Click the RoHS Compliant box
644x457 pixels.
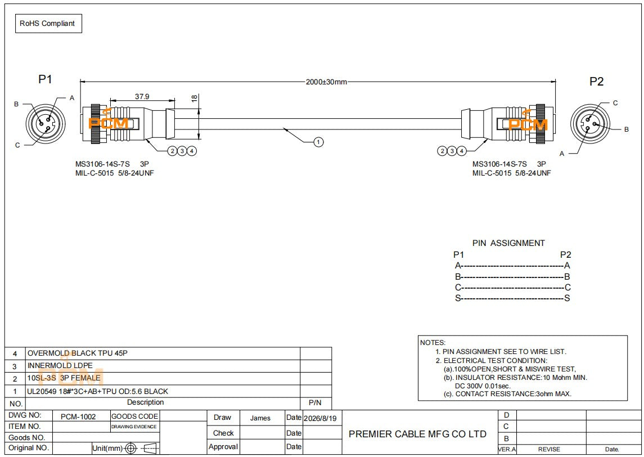coord(48,24)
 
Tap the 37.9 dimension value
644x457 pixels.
coord(142,97)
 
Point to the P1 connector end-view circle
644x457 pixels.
coord(46,123)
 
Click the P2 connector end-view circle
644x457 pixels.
coord(590,124)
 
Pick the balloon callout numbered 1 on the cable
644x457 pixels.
coord(318,142)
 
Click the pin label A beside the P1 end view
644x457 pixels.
coord(72,98)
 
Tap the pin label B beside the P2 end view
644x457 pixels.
coord(627,129)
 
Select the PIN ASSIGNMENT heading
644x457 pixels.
coord(508,243)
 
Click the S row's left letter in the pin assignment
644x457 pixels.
coord(457,298)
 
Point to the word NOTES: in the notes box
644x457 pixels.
coord(433,343)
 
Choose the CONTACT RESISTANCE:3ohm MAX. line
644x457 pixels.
coord(507,394)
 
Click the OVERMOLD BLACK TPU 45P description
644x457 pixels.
coord(78,353)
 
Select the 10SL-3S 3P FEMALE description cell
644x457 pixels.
coord(64,378)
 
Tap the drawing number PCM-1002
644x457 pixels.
coord(78,416)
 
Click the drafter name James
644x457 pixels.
coord(260,418)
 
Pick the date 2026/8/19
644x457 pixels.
coord(320,418)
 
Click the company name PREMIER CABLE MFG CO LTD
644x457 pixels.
coord(417,434)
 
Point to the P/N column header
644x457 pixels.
coord(315,403)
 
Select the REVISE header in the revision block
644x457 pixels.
coord(549,450)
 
